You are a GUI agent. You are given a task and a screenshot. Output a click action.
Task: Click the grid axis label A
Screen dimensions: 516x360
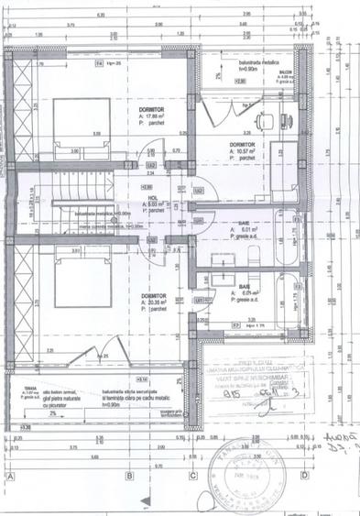10,476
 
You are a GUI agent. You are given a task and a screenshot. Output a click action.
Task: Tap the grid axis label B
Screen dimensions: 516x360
130,476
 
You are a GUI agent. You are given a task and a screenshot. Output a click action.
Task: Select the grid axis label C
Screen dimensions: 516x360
193,476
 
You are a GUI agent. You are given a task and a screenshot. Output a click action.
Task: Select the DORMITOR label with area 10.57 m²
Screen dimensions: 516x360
241,145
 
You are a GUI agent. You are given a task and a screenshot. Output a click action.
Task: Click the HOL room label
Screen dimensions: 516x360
152,196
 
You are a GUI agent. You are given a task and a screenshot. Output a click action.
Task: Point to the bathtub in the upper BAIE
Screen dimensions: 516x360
290,225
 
